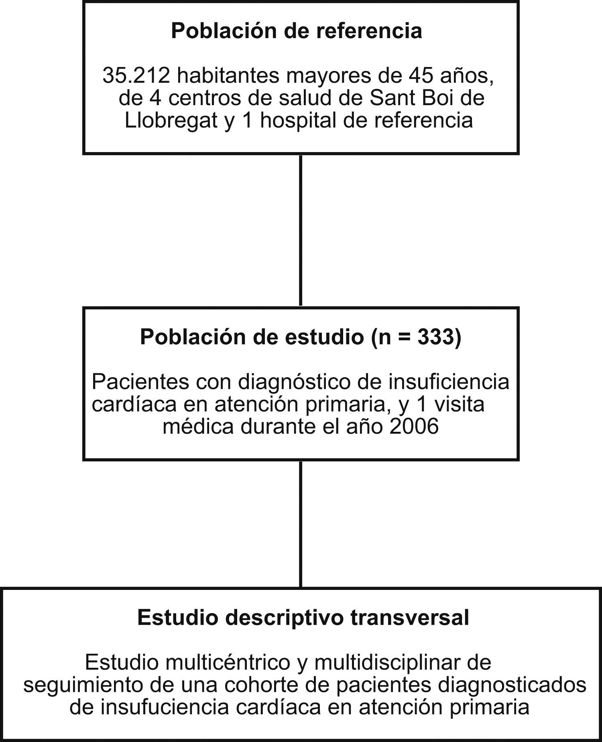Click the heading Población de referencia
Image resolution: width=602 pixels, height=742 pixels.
[x=296, y=31]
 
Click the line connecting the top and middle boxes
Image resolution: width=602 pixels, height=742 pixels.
[x=301, y=231]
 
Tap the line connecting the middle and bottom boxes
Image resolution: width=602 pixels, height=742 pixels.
[x=301, y=524]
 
